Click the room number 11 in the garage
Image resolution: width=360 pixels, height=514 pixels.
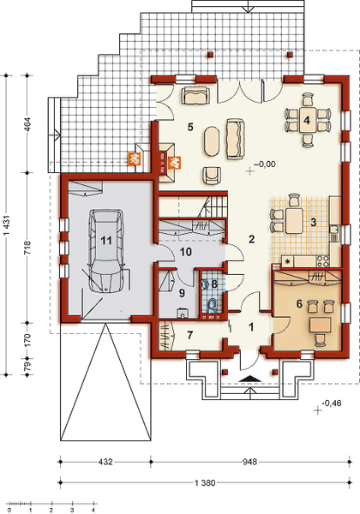[x=105, y=241]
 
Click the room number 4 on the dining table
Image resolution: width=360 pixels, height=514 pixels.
[x=306, y=120]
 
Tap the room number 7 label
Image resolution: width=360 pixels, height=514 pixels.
[x=190, y=332]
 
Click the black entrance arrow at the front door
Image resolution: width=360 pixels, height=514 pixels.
[x=249, y=378]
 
